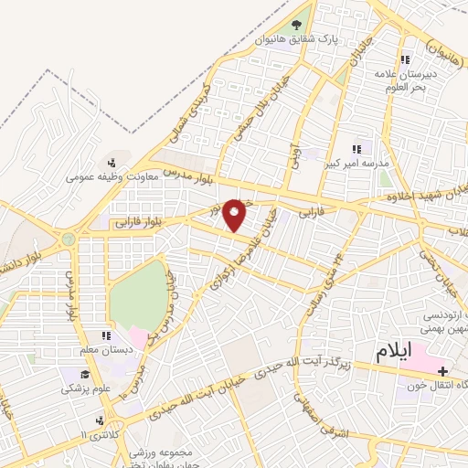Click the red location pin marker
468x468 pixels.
[x=236, y=215]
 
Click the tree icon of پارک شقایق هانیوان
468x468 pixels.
[x=295, y=26]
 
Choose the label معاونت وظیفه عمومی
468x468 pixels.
[x=111, y=177]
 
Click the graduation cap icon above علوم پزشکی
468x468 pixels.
[x=85, y=373]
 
